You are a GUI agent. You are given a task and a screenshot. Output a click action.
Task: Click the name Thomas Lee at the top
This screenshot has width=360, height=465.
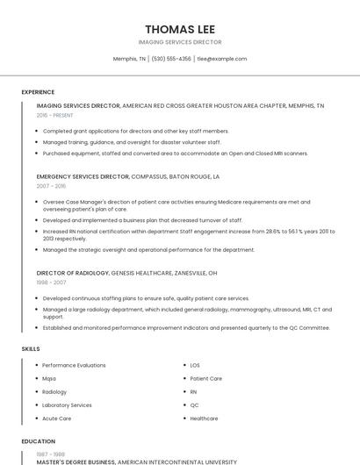(x=180, y=29)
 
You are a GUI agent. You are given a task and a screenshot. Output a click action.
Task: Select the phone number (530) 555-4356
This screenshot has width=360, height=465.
(x=171, y=59)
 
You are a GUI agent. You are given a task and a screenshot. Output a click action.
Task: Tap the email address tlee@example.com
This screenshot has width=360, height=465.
(x=221, y=59)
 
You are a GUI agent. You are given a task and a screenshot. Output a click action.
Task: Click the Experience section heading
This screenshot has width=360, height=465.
(x=38, y=91)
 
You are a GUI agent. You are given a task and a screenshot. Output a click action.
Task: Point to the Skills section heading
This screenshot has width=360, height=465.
(x=31, y=349)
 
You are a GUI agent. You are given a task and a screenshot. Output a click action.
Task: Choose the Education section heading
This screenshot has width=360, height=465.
(x=38, y=441)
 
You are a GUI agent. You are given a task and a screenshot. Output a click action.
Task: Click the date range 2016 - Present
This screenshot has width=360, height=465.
(x=54, y=115)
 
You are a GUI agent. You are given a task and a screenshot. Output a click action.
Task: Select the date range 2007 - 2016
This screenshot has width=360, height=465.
(x=51, y=186)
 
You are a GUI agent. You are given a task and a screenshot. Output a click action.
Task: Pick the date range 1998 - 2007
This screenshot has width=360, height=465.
(x=51, y=283)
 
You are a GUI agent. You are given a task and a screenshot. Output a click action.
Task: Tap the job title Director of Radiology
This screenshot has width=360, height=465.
(x=73, y=273)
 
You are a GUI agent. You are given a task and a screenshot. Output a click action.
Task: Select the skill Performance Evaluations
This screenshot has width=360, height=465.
(x=74, y=365)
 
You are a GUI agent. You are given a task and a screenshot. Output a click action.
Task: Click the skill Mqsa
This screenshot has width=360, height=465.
(x=49, y=378)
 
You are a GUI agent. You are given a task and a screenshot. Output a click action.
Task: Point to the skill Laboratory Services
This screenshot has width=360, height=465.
(x=67, y=405)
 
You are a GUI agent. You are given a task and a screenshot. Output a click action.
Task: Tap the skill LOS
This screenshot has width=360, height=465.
(x=195, y=365)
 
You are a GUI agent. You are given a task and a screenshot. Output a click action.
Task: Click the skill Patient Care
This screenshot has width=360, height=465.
(x=205, y=378)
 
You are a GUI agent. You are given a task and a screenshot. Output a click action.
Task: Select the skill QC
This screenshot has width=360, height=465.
(x=194, y=405)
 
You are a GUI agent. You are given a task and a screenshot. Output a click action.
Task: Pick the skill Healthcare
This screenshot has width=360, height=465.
(x=204, y=418)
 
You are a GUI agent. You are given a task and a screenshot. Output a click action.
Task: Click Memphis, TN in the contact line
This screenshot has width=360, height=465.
(x=129, y=59)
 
